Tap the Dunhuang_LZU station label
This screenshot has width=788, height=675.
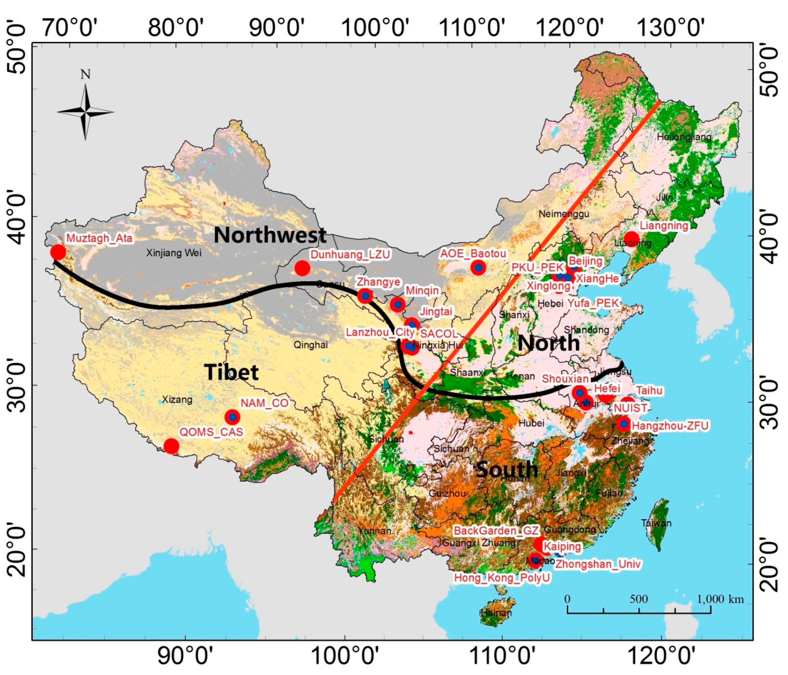(350, 254)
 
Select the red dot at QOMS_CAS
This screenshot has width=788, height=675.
(171, 446)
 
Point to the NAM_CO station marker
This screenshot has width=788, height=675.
(232, 417)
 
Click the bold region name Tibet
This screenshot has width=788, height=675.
(231, 372)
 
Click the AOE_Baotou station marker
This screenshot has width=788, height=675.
(478, 268)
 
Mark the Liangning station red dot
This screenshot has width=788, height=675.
(632, 239)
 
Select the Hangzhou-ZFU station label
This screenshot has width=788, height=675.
(670, 425)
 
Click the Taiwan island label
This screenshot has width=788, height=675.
(656, 523)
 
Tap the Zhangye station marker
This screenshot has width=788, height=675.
(365, 295)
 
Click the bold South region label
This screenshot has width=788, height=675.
(507, 469)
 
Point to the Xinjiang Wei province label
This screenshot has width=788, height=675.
(174, 253)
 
